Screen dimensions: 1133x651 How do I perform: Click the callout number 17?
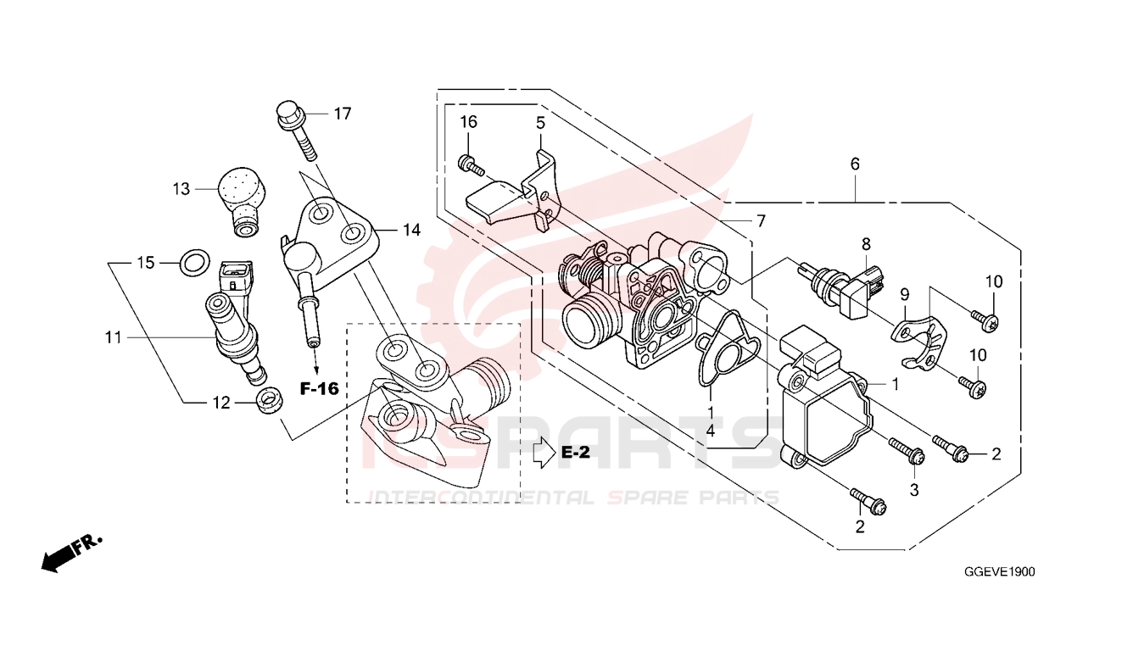pos(343,114)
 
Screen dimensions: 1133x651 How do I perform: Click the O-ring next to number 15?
pos(196,263)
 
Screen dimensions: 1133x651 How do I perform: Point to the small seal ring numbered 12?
pos(269,401)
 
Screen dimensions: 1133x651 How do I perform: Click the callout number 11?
pos(114,337)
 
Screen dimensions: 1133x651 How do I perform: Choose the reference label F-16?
pos(319,389)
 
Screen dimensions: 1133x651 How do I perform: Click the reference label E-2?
pos(576,452)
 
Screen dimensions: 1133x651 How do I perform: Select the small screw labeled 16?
pos(471,165)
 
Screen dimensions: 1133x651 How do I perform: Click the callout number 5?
pos(541,123)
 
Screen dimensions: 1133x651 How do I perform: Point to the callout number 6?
pos(855,164)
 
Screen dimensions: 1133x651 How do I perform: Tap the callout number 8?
pos(867,245)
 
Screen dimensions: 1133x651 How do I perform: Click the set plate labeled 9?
pos(918,341)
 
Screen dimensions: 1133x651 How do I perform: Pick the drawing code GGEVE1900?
pos(1000,571)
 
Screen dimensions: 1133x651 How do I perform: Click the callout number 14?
pos(411,231)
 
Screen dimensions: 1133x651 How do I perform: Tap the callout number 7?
pos(761,221)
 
